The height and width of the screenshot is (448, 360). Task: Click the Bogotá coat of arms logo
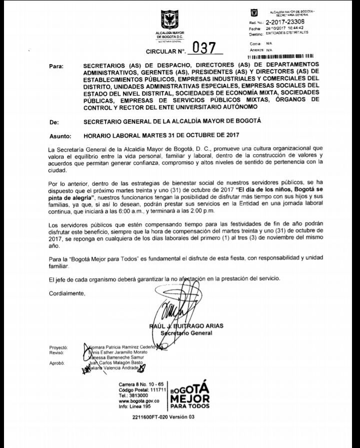169,21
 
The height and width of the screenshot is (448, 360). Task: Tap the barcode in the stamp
283,57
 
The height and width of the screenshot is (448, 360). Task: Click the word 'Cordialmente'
67,293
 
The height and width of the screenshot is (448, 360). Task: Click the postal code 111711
156,389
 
